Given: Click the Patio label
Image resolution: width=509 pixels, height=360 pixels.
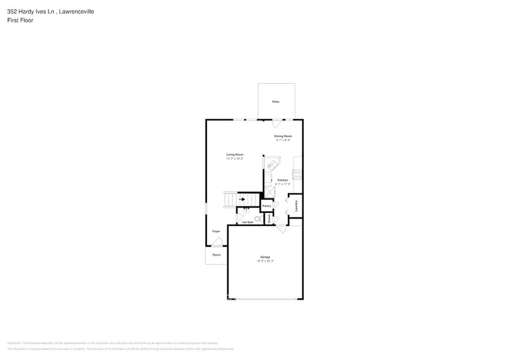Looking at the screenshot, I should tap(276, 102).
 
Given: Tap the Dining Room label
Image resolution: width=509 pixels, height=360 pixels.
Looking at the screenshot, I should tap(283, 136).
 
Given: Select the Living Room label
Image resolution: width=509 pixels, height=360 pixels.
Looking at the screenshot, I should tap(235, 154).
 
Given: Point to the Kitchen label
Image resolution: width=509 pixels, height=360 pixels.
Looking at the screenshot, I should tap(282, 180).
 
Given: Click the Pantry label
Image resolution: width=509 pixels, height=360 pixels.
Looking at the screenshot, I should tap(266, 206).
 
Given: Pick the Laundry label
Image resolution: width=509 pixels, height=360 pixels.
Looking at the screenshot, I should tap(296, 205).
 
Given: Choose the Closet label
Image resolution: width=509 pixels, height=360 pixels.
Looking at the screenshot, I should tap(269, 218).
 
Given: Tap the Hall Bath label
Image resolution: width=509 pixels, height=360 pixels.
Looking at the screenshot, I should tap(247, 222).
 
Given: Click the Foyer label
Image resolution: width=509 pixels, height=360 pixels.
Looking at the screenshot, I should tap(216, 231).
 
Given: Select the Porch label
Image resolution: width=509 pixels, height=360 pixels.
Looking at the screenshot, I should tap(216, 255).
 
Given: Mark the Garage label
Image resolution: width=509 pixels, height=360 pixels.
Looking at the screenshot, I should tap(265, 257).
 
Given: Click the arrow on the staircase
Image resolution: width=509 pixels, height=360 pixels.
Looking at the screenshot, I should tap(242, 199).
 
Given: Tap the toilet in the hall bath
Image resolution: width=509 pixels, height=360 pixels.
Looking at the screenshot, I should tap(258, 218).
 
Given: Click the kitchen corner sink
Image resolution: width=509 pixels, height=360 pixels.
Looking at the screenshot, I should tap(271, 164).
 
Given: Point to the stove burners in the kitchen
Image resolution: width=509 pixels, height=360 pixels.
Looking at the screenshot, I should tap(297, 174).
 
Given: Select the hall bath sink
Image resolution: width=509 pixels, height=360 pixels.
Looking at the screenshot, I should tap(246, 211).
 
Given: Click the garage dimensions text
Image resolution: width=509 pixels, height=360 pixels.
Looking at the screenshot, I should tap(265, 261).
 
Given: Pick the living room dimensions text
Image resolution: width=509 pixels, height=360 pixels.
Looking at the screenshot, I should tap(235, 159).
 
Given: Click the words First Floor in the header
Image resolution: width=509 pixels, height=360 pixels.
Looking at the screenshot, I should tap(20, 20).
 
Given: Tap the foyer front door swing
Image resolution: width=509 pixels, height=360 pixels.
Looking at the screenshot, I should tap(217, 242).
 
